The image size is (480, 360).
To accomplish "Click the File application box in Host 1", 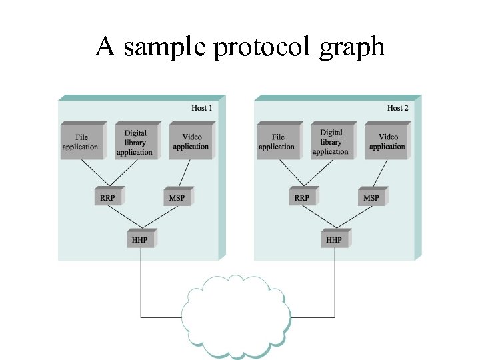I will click(81, 142).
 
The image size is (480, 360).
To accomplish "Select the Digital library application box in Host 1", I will click(135, 142).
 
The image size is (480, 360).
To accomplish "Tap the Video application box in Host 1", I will click(191, 142).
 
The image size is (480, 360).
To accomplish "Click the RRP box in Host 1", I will click(107, 197).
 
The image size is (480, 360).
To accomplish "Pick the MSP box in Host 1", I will click(177, 197).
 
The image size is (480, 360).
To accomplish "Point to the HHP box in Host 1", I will click(139, 239).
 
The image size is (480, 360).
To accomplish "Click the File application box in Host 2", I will click(277, 142).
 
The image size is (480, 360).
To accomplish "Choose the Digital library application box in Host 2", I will click(331, 142).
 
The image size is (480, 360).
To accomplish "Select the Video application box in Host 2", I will click(387, 142).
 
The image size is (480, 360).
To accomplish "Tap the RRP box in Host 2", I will click(302, 197).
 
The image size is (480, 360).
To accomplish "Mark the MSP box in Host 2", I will click(371, 197).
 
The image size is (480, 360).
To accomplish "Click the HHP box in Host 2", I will click(334, 239).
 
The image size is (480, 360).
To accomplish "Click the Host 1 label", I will click(202, 108).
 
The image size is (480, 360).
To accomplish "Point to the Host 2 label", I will click(398, 108).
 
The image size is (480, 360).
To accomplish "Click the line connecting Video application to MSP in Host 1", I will click(184, 173).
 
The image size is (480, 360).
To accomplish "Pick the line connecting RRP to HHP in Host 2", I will click(319, 217).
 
